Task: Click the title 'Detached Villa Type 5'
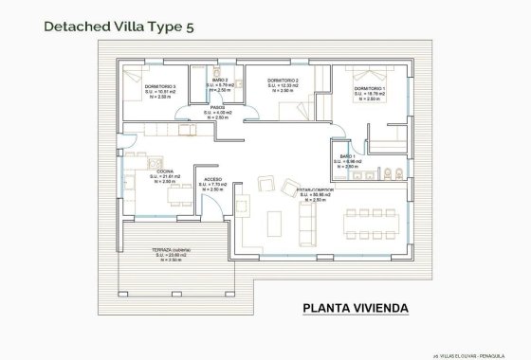[x=119, y=27]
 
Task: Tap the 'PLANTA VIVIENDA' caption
[x=356, y=307]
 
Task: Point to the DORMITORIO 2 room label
[x=284, y=81]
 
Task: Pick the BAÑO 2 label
[x=220, y=81]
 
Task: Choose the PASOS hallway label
[x=216, y=107]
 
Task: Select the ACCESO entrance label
[x=214, y=179]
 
